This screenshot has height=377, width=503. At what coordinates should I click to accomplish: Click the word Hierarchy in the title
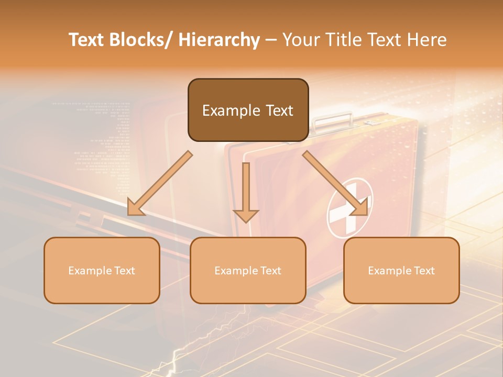218,40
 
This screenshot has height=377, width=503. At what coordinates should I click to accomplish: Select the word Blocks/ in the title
142,40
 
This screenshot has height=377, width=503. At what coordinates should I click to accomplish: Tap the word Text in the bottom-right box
424,271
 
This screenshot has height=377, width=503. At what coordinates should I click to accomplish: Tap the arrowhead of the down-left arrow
136,208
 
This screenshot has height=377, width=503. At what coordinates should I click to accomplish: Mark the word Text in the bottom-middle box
270,271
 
